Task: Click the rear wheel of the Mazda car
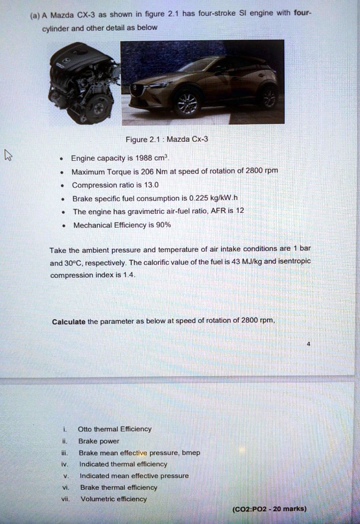pos(268,96)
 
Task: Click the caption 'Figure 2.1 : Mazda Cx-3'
pos(166,140)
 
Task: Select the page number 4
pos(308,344)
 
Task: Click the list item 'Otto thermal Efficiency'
pos(115,429)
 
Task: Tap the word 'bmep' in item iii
pos(191,452)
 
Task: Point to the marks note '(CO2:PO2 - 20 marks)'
pos(269,509)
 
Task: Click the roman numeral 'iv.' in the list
pos(64,464)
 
